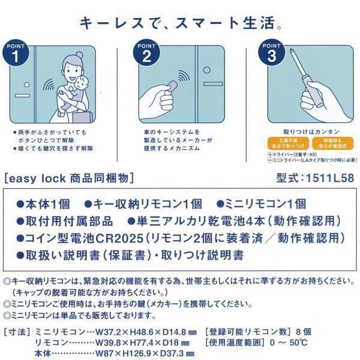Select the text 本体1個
tap(48, 203)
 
